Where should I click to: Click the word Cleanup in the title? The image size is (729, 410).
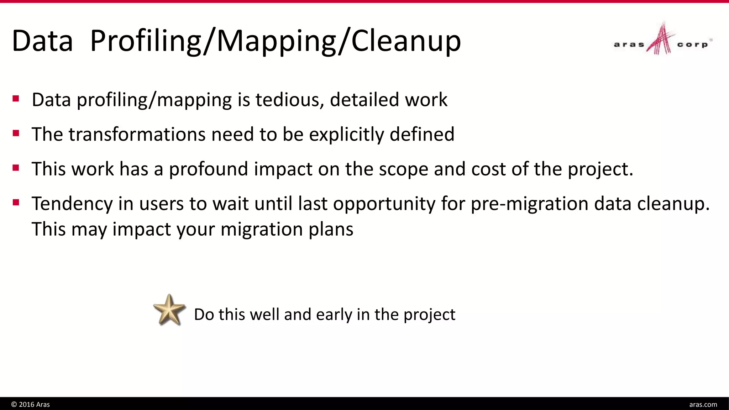coord(406,41)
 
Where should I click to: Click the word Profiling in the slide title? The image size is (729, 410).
coord(146,41)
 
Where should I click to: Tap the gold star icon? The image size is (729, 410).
coord(169,310)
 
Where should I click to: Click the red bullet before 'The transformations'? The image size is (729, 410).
coord(16,133)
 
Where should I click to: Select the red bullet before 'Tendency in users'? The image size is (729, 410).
coord(16,203)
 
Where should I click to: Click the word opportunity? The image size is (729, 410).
coord(384,204)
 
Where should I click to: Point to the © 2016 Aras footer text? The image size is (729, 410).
coord(31,404)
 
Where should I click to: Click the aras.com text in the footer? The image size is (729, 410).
coord(703,404)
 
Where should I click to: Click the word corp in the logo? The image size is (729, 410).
coord(692,45)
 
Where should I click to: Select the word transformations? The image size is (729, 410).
coord(137,135)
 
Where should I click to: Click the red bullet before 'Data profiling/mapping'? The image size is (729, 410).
coord(16,99)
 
